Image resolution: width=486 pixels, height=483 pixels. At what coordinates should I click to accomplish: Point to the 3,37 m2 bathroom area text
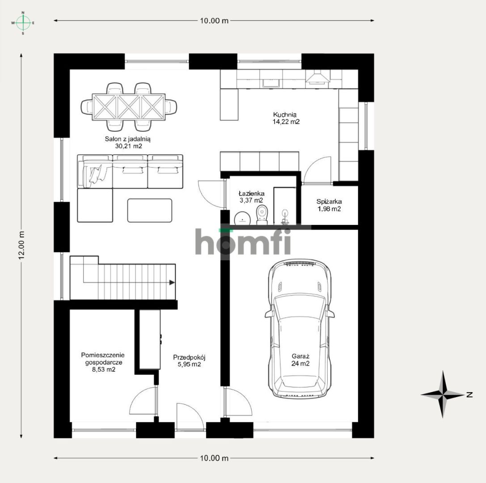tap(251, 200)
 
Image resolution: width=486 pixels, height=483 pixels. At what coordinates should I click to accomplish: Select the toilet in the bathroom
tap(262, 214)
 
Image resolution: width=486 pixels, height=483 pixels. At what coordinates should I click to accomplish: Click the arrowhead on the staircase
tap(172, 282)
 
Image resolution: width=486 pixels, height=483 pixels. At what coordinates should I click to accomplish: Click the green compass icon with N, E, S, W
tap(23, 22)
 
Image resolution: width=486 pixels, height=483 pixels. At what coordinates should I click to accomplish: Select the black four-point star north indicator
tap(443, 394)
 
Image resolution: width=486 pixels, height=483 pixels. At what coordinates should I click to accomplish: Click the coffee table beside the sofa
tap(149, 210)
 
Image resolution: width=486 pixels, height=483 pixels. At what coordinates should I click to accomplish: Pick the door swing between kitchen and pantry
tap(317, 170)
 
